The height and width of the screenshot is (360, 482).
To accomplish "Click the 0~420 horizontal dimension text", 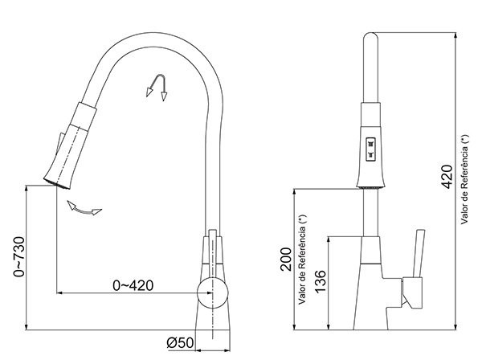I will pos(133,285).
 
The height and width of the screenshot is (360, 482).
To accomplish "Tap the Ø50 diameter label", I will pos(179,343).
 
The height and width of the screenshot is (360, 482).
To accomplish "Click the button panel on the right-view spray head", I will pos(370,145).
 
